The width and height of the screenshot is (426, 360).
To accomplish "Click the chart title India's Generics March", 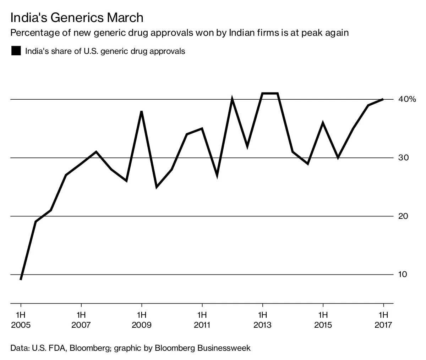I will (77, 18).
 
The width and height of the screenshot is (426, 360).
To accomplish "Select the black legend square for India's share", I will (16, 51).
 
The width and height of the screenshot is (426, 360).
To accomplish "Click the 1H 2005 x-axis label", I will (21, 320).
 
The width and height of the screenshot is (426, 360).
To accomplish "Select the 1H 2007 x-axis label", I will (81, 320).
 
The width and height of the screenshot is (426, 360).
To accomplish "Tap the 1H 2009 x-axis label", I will (142, 320).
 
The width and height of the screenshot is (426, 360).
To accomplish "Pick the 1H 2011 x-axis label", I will (202, 320).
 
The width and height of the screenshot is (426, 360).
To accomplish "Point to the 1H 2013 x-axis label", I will (262, 320).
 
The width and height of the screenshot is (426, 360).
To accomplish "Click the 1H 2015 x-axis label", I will (323, 320).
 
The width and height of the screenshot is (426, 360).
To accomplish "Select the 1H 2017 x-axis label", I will (383, 320).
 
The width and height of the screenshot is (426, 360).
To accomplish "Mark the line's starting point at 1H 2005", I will (21, 279).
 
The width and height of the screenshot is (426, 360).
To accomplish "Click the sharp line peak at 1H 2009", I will (142, 112).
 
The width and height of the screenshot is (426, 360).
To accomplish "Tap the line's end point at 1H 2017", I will (383, 99).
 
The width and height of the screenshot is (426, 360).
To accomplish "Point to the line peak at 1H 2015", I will (323, 123).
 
